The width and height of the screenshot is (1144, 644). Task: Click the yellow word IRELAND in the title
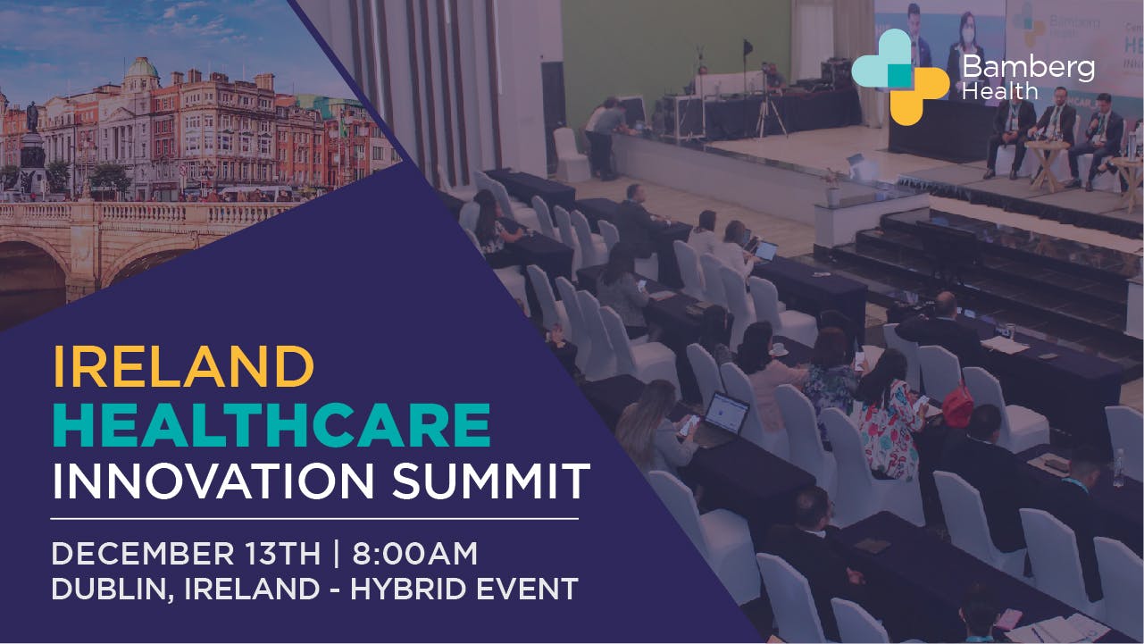(183, 366)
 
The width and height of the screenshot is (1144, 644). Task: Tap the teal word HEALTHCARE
(271, 425)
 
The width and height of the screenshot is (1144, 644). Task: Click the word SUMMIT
(491, 481)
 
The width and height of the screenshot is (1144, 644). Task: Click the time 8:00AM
(414, 554)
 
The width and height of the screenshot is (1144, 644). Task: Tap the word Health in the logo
(1000, 92)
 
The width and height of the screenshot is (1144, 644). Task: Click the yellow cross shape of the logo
(919, 96)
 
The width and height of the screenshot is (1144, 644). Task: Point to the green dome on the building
(141, 67)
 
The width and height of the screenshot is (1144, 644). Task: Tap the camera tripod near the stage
(770, 113)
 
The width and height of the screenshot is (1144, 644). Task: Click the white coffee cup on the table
(779, 350)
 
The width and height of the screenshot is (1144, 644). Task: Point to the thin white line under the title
(314, 519)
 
